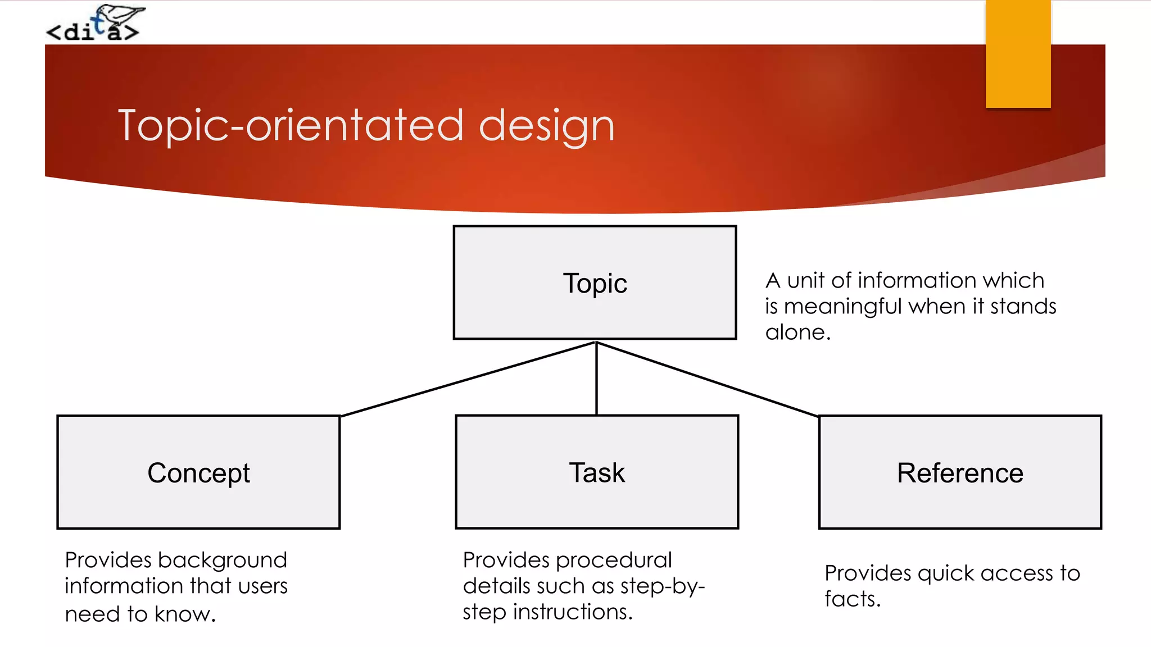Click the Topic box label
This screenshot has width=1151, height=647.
point(595,284)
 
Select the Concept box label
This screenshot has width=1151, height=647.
point(198,473)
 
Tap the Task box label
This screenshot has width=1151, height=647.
point(596,473)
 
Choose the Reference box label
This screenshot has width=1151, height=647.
point(959,473)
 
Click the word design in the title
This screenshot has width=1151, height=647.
point(546,126)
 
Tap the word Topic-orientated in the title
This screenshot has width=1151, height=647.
point(291,126)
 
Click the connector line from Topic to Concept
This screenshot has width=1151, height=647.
point(468,379)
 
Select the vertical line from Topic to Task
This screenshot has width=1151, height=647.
point(596,379)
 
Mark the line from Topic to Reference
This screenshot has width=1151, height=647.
point(707,380)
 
